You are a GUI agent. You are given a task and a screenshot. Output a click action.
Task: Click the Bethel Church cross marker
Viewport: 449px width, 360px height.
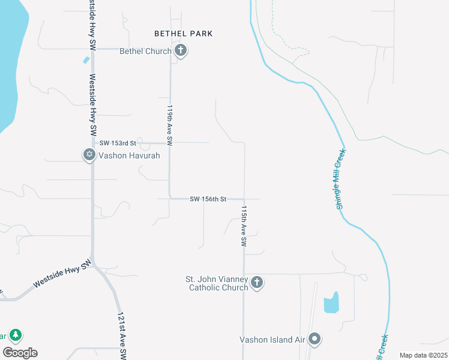point(180,50)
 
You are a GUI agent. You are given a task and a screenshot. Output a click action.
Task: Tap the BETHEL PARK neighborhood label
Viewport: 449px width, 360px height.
point(183,34)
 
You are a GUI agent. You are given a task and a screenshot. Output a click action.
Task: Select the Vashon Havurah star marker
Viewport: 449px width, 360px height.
point(89,155)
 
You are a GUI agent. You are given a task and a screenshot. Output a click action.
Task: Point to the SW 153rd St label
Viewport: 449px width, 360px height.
point(119,143)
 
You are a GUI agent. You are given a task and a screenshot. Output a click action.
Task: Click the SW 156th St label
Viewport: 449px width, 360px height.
point(208,199)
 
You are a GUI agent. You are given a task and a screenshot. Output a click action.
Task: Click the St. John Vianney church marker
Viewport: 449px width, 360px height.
point(257,282)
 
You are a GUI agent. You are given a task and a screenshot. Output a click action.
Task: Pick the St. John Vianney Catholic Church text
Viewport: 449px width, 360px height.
point(217,283)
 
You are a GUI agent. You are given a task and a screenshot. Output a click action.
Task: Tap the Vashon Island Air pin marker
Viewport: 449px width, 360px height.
point(315,339)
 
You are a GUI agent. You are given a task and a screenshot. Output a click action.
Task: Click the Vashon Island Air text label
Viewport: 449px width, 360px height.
point(273,339)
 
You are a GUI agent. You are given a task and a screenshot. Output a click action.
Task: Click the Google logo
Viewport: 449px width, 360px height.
point(20,353)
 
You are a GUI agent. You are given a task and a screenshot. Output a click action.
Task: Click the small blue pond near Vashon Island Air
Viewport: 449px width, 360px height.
point(331,303)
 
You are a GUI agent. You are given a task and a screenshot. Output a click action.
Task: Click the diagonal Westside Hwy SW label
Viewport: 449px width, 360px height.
point(62,274)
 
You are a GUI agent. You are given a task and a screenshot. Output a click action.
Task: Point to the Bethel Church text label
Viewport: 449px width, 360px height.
point(145,51)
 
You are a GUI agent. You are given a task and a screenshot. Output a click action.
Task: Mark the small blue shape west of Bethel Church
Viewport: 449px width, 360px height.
point(86,60)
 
